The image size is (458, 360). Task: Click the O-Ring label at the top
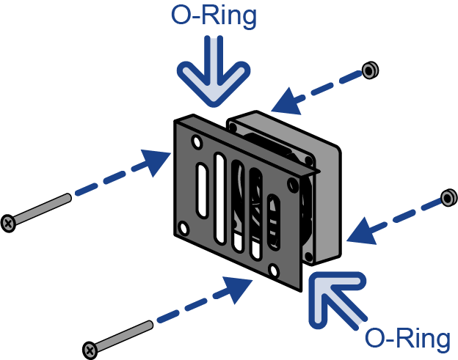214,16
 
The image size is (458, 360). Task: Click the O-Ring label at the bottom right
407,339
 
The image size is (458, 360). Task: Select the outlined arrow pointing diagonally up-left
335,296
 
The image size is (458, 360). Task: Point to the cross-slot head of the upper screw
8,221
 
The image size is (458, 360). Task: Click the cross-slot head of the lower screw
89,350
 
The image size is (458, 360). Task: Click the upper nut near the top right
371,70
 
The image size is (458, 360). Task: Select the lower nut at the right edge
447,198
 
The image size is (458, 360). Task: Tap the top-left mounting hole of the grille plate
195,139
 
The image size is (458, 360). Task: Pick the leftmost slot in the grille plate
202,194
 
